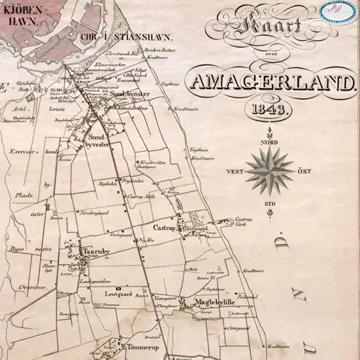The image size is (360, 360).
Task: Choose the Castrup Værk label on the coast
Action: (x=245, y=221)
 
